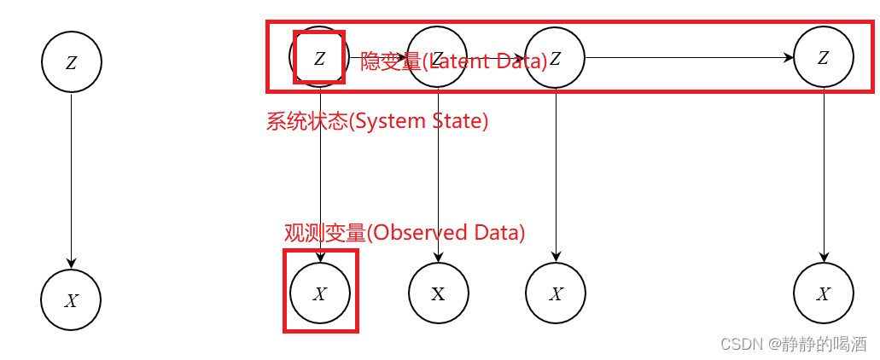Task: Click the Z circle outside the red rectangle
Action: tap(72, 62)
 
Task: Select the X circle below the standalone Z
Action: tap(71, 299)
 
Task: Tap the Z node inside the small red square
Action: tap(319, 58)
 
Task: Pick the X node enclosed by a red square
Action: tap(320, 293)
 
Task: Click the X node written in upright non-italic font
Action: tap(438, 293)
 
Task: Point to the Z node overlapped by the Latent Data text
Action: tap(437, 58)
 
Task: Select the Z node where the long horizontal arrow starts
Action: tap(555, 58)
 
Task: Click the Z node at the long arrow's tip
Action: tap(823, 58)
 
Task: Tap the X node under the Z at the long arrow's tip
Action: tap(823, 293)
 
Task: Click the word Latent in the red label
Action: tap(462, 61)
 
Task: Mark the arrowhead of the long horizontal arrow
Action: tap(790, 58)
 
